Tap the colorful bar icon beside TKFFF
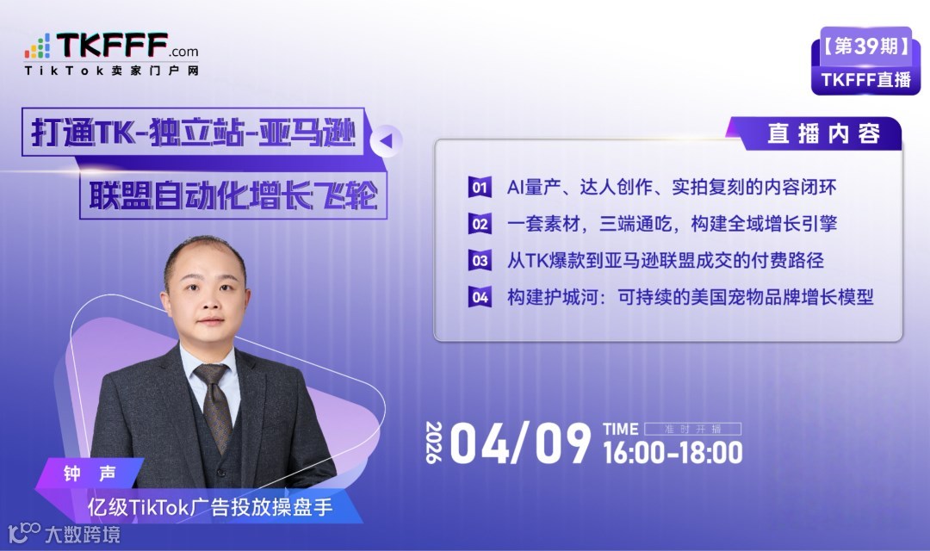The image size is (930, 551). [x=37, y=46]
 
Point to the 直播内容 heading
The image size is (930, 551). [x=823, y=134]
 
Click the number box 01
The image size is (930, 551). [x=480, y=187]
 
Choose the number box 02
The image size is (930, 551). [x=480, y=224]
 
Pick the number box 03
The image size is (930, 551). [x=480, y=260]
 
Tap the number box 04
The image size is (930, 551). [x=480, y=297]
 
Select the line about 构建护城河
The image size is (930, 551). [x=690, y=297]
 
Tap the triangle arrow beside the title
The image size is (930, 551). [x=387, y=139]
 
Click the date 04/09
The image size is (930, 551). [x=520, y=443]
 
